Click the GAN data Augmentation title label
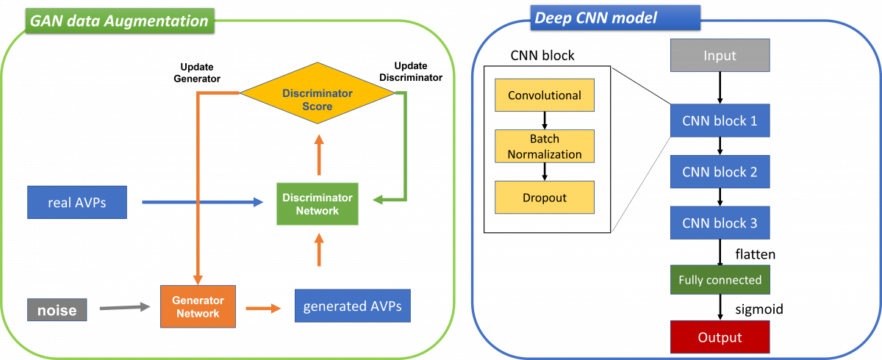click(x=119, y=21)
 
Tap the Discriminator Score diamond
click(x=318, y=100)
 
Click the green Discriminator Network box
click(x=318, y=204)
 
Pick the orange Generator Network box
click(x=197, y=306)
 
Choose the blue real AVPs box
click(x=77, y=202)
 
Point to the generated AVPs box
click(x=352, y=306)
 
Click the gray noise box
click(x=57, y=310)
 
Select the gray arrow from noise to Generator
click(x=124, y=307)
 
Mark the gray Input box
click(x=720, y=55)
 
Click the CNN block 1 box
click(x=720, y=120)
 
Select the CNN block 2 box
click(x=720, y=172)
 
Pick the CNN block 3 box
click(x=720, y=223)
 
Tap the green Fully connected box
click(x=720, y=280)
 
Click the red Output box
click(x=720, y=337)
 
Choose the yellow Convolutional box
click(x=545, y=96)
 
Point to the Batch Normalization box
click(x=545, y=146)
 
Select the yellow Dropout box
click(x=545, y=198)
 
